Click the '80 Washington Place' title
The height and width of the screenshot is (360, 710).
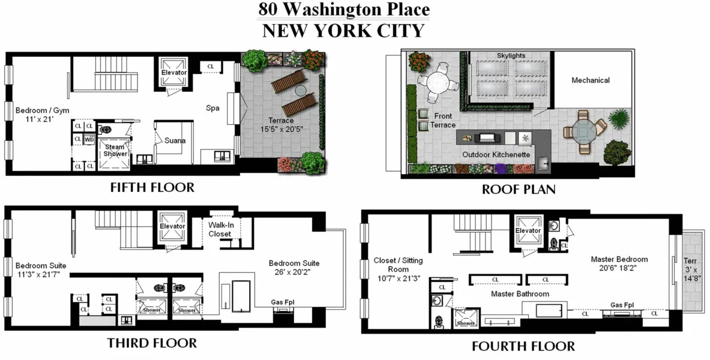click(344, 10)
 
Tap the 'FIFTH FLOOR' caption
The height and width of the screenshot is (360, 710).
click(152, 187)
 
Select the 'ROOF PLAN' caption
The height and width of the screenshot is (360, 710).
click(519, 190)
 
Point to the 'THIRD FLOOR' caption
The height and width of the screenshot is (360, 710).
click(152, 343)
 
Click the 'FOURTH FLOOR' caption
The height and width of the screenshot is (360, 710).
click(523, 346)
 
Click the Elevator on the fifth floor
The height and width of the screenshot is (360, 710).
click(174, 73)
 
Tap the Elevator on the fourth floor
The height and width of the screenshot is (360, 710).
click(528, 230)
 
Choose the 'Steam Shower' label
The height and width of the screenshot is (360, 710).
click(115, 150)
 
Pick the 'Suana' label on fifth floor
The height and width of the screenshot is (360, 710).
click(175, 141)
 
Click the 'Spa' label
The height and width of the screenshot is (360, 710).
click(212, 109)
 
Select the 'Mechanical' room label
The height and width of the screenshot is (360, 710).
click(590, 80)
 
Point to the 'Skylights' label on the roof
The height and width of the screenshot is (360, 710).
click(511, 56)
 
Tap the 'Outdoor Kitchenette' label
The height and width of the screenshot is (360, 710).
click(496, 154)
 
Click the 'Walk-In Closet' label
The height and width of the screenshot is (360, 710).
click(220, 229)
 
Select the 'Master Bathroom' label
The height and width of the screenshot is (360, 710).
click(520, 294)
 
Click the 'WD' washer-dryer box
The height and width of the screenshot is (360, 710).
click(89, 139)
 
